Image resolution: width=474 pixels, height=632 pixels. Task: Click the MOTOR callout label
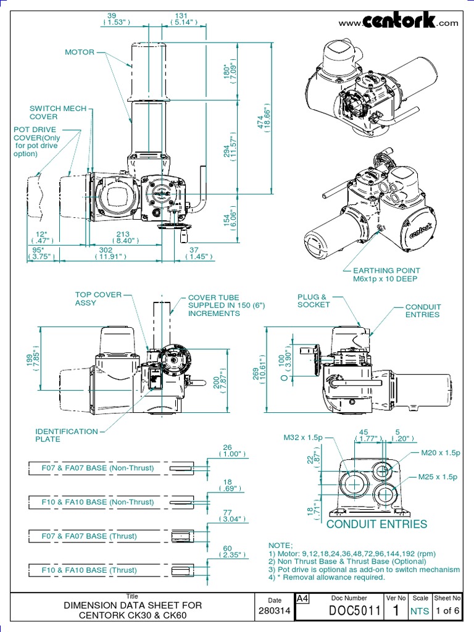[80, 52]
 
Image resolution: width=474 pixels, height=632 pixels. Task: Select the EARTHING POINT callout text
[386, 275]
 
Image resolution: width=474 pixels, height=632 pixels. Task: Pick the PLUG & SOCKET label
[314, 301]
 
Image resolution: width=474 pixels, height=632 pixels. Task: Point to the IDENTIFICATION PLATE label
[66, 435]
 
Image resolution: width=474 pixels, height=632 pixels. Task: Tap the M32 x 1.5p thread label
[303, 438]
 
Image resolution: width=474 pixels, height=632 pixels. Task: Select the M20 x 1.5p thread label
[440, 453]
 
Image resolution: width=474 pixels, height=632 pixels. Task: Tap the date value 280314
[275, 612]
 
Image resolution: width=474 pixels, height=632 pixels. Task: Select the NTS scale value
[420, 612]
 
